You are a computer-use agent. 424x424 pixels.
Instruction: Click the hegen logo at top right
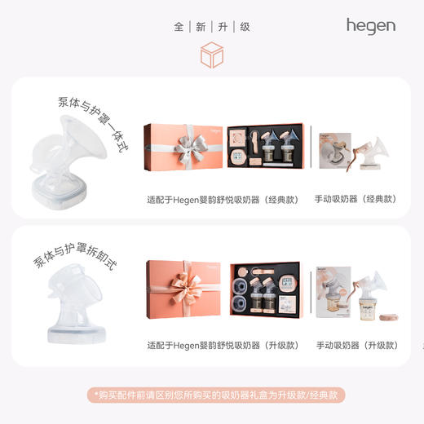coord(370,25)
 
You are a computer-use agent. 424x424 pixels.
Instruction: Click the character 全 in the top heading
coord(179,26)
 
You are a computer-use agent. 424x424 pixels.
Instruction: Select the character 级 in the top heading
coord(245,26)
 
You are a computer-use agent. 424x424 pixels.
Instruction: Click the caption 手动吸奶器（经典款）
coord(356,198)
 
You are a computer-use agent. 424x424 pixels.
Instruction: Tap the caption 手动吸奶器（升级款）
coord(356,345)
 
